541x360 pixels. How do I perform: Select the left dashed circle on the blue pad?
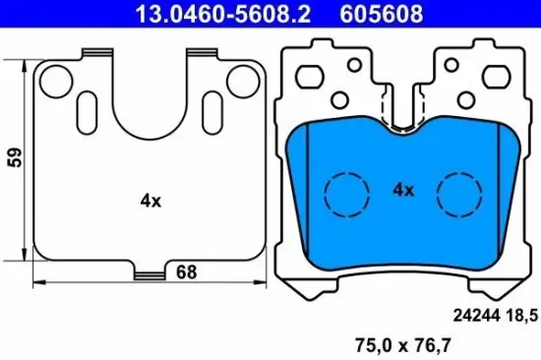point(343,193)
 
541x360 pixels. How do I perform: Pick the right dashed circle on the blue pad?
point(458,193)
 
